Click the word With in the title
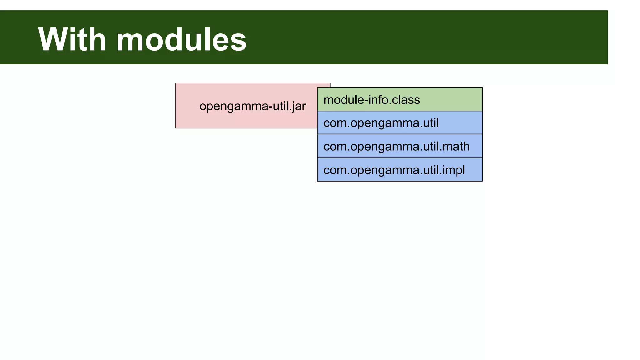coord(72,40)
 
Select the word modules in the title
coord(181,40)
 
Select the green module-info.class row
coord(400,99)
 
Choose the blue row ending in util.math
coord(400,146)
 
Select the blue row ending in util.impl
coord(400,170)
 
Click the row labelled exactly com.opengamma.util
coord(400,122)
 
